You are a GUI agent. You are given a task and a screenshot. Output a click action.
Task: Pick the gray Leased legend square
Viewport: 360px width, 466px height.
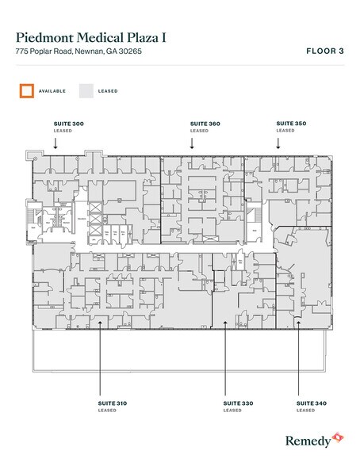(x=86, y=90)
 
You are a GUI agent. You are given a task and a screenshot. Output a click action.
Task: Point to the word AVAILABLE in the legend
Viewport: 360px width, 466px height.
(x=51, y=91)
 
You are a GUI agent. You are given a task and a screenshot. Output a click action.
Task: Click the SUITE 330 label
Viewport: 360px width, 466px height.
(x=232, y=404)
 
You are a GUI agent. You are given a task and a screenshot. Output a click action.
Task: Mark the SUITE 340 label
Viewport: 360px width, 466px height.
(x=306, y=404)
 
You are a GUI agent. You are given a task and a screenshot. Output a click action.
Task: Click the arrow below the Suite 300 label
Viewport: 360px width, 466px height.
(x=56, y=143)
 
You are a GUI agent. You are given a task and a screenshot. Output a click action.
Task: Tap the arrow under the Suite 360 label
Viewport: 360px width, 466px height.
(x=192, y=143)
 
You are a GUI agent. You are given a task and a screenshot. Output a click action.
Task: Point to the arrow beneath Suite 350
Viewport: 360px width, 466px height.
(x=278, y=143)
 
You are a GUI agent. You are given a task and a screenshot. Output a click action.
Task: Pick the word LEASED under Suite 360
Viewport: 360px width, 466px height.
(x=199, y=131)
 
